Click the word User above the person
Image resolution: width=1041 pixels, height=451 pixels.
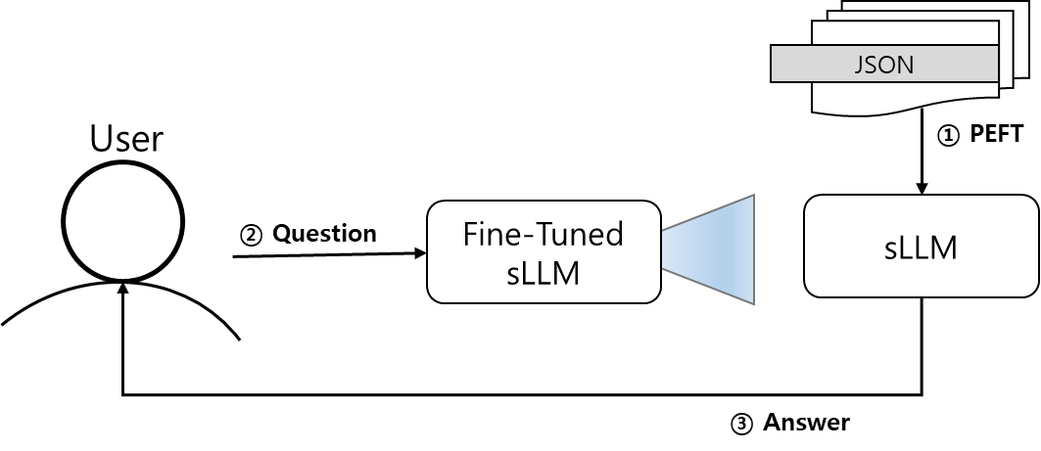(x=126, y=139)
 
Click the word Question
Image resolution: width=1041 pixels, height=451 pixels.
(x=325, y=234)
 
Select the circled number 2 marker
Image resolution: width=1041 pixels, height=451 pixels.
(x=251, y=236)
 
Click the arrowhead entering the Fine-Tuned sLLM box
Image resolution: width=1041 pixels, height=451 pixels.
(x=420, y=252)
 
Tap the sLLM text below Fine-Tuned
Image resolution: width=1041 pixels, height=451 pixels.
(x=544, y=273)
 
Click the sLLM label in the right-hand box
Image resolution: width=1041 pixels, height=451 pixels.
(x=921, y=248)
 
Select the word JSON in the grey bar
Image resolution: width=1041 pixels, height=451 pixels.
(x=883, y=65)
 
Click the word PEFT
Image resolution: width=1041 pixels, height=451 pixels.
(x=997, y=134)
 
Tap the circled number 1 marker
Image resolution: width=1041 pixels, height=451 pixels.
(x=948, y=135)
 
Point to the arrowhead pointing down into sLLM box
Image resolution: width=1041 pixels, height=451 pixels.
(x=922, y=188)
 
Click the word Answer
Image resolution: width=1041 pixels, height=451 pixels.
(x=806, y=423)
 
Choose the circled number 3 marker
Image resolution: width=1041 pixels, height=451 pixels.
(x=741, y=424)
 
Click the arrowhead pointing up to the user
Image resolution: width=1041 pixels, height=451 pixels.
(x=122, y=288)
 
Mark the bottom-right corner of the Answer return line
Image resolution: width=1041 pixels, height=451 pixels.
(x=922, y=395)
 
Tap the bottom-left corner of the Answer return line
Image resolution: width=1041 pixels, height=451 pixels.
(x=122, y=395)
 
